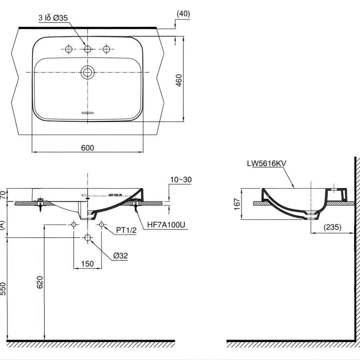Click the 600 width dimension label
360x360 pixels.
point(88,148)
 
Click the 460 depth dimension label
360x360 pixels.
point(179,80)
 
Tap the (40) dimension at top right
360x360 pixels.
point(183,13)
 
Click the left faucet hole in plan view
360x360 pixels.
point(68,49)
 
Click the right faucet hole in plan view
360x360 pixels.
point(106,49)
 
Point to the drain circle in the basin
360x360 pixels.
point(87,72)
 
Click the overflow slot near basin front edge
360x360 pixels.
point(87,113)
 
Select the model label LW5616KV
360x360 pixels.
point(267,163)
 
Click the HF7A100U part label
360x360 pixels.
point(166,225)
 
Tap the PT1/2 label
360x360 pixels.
point(126,230)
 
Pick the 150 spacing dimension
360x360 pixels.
point(87,264)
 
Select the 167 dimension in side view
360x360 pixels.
point(237,204)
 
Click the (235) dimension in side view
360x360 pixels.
point(333,227)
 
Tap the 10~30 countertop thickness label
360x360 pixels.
point(181,180)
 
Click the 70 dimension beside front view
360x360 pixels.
point(3,195)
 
